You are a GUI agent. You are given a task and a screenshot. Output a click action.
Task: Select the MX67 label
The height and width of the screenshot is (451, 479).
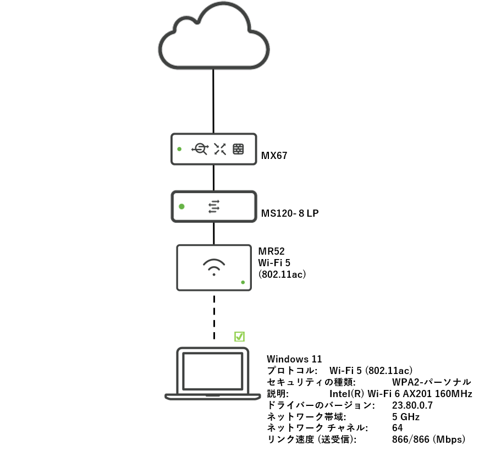(x=274, y=156)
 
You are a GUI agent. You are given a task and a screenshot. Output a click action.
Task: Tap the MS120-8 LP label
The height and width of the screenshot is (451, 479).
(x=290, y=212)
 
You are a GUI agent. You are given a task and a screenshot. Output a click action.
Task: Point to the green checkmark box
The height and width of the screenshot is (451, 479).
(x=239, y=336)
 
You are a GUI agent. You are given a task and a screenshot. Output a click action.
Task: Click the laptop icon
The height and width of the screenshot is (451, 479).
(x=213, y=373)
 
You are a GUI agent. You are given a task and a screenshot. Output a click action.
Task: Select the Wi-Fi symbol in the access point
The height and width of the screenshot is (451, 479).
(x=213, y=267)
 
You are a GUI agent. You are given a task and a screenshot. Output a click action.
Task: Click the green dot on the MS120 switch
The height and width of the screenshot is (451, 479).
(x=181, y=207)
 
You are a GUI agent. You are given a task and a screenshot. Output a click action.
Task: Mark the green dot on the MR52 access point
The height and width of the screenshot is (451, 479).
(x=243, y=282)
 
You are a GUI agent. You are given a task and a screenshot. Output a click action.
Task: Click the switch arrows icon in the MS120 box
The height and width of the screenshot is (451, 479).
(x=213, y=207)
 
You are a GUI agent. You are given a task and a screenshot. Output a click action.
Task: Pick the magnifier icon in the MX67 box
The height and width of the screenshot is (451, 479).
(x=200, y=148)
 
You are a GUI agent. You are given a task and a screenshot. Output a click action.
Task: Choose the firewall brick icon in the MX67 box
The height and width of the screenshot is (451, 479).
(x=238, y=148)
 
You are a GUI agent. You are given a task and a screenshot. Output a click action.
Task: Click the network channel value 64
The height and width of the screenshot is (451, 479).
(x=398, y=428)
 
